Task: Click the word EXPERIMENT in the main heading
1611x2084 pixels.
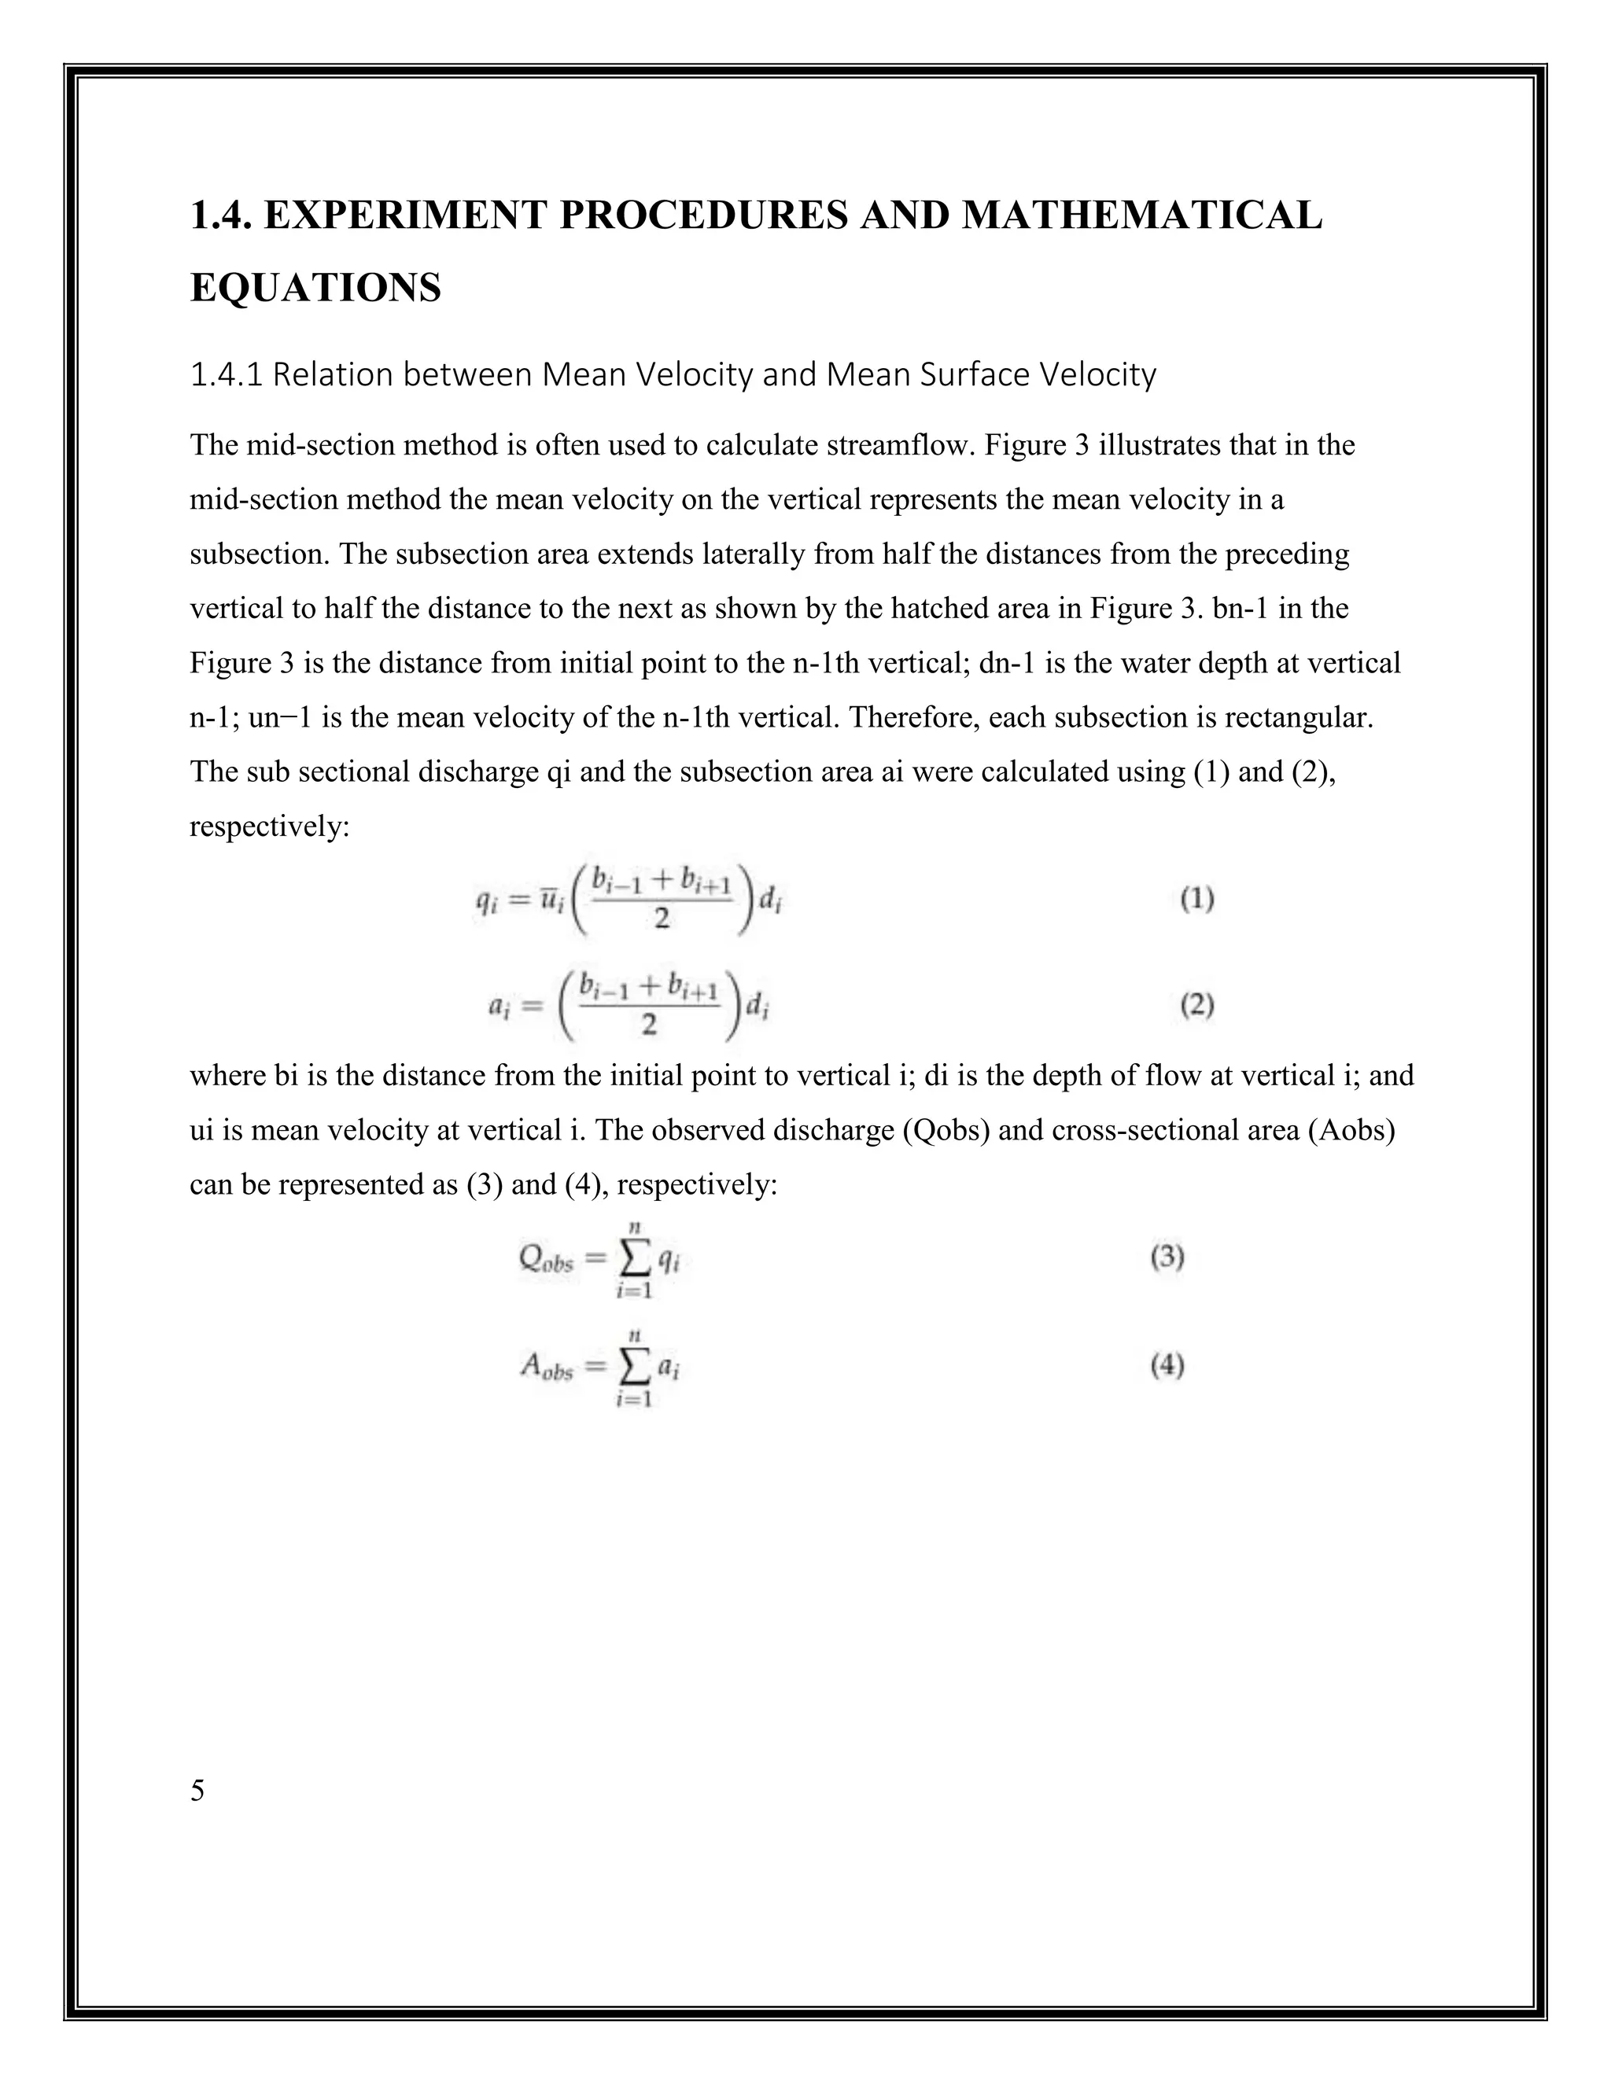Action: coord(407,215)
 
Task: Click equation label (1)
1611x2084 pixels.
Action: coord(1196,899)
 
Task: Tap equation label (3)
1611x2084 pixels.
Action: coord(1167,1257)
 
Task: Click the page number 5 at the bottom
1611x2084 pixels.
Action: coord(197,1791)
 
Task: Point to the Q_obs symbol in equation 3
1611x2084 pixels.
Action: coord(546,1260)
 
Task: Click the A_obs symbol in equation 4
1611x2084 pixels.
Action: coord(546,1368)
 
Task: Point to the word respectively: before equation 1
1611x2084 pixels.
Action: coord(270,827)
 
